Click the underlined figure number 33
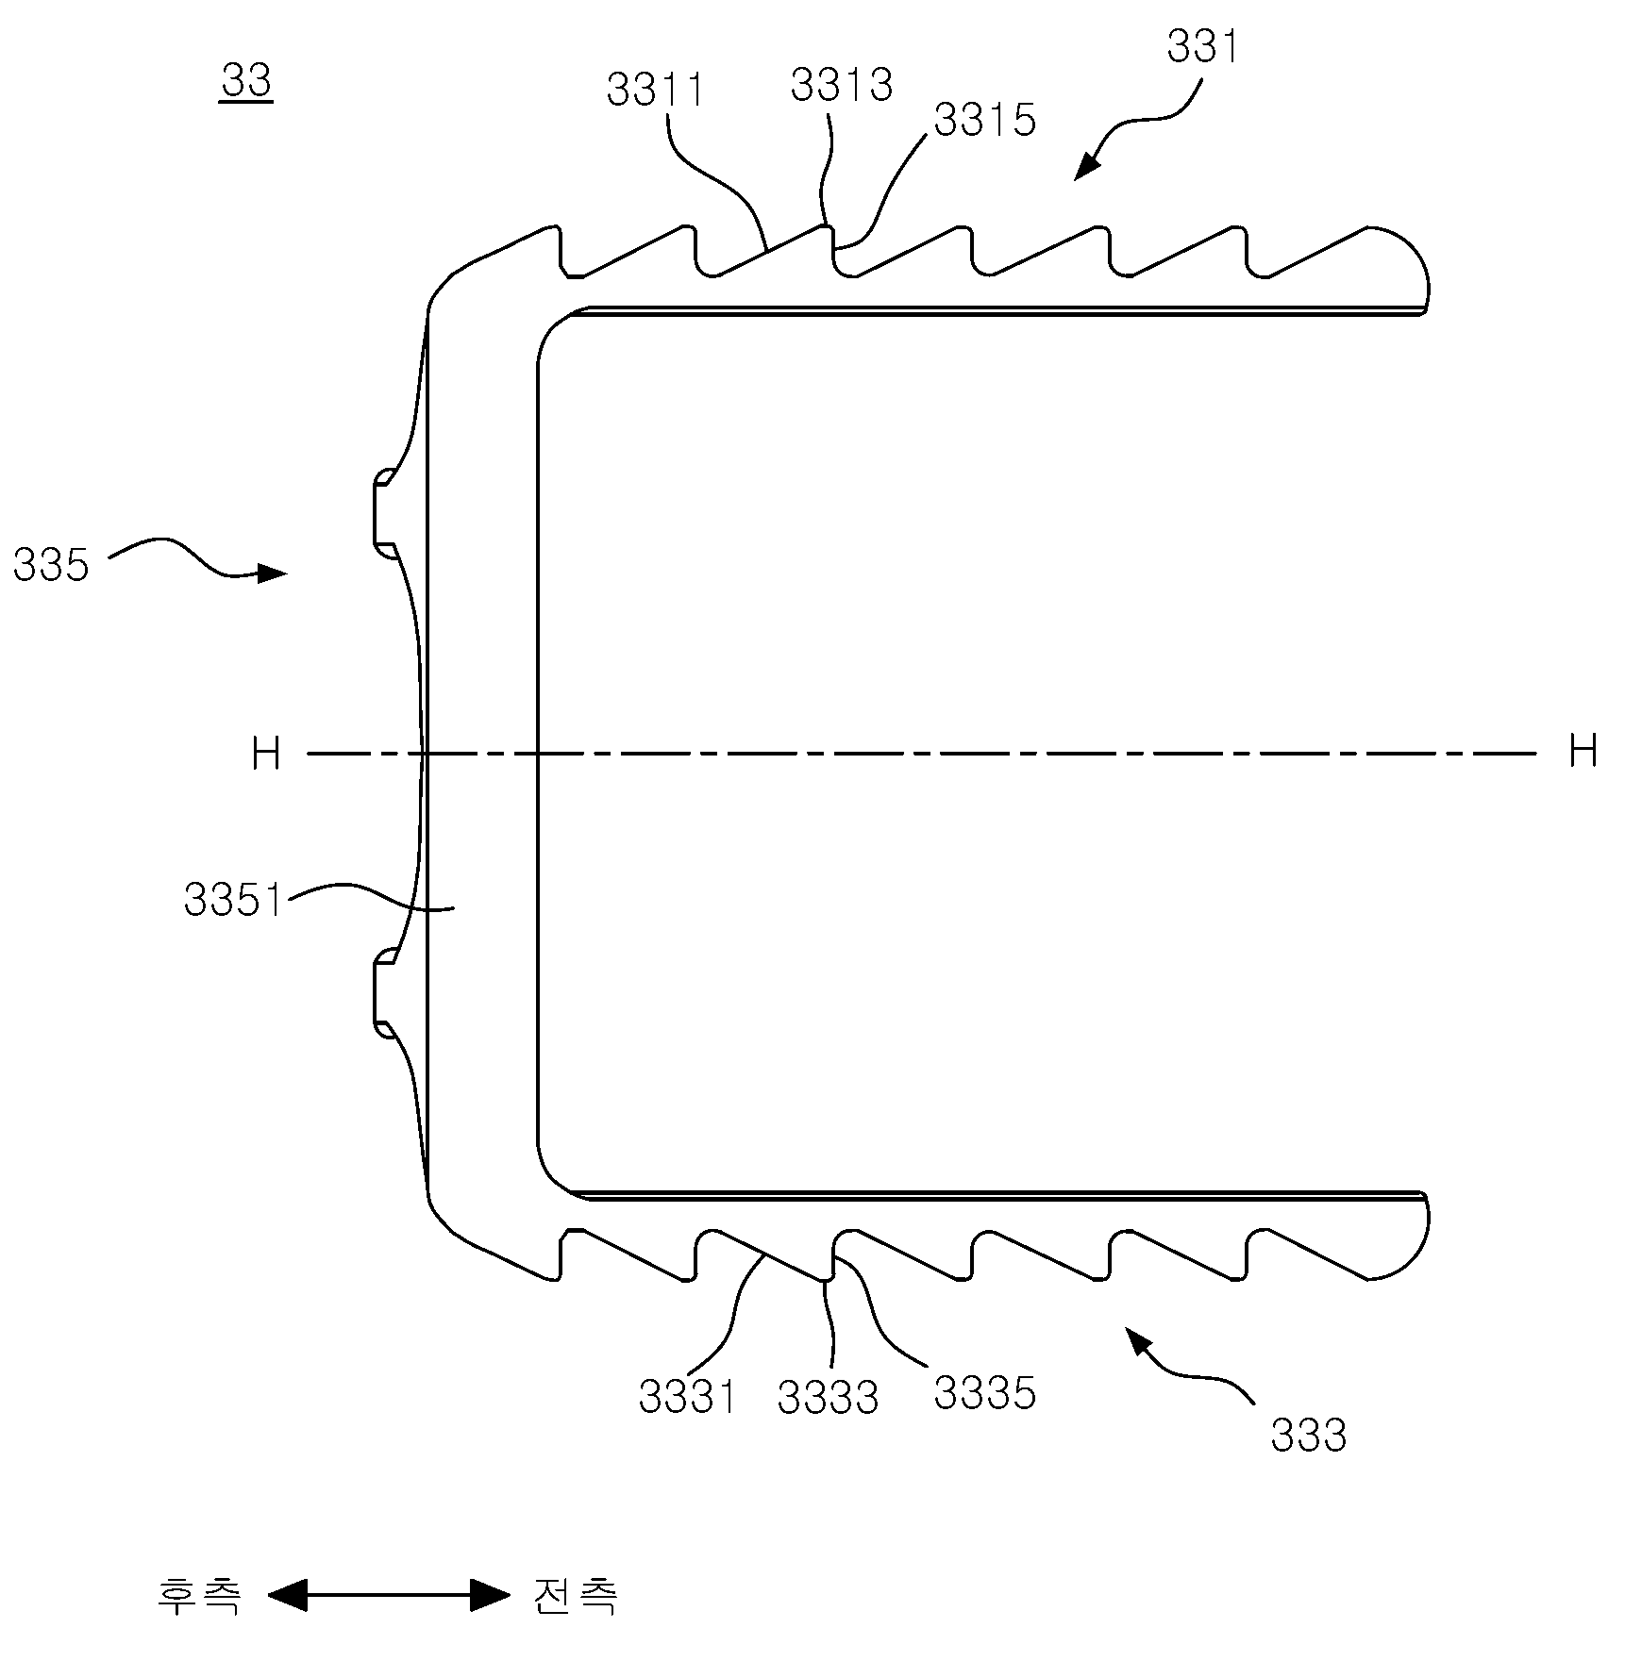click(x=246, y=82)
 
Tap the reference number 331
click(x=1203, y=46)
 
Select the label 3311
click(x=656, y=91)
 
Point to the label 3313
click(x=842, y=84)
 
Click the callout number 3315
click(x=985, y=120)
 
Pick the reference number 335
click(x=51, y=566)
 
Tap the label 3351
click(x=234, y=900)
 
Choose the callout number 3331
click(x=688, y=1396)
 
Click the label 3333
click(x=829, y=1398)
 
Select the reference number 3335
click(x=985, y=1393)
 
